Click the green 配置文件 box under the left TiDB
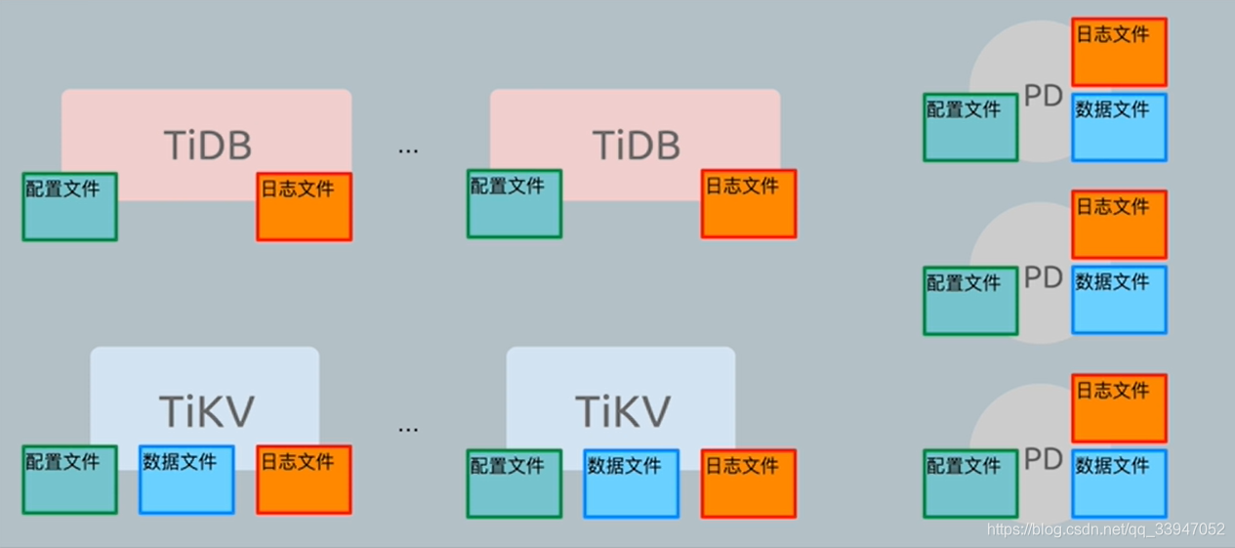coord(70,206)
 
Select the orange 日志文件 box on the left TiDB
coord(305,206)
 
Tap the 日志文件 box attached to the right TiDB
coord(749,203)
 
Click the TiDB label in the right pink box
coord(636,146)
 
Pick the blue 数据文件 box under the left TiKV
coord(186,479)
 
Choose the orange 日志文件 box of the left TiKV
coord(305,479)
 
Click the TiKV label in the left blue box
coord(207,411)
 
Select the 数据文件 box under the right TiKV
coord(632,483)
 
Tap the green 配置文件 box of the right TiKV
coord(515,483)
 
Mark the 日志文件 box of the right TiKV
coord(749,483)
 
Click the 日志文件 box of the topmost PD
coord(1119,52)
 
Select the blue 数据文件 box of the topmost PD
coord(1119,127)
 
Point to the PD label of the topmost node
coord(1043,97)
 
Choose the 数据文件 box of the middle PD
coord(1119,300)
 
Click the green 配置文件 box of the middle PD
coord(970,300)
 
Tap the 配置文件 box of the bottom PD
coord(970,483)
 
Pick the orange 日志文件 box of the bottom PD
coord(1119,407)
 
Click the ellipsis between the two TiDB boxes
coord(408,149)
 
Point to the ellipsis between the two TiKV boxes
coord(408,428)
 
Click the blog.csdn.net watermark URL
coord(1105,529)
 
